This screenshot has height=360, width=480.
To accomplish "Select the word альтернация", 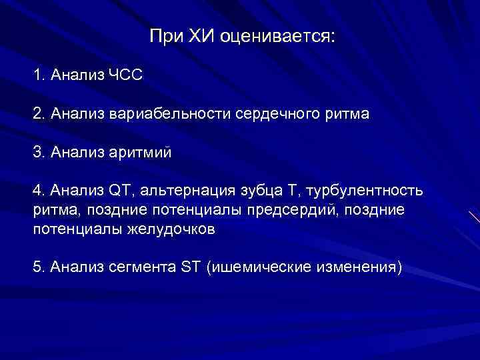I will tap(182, 192).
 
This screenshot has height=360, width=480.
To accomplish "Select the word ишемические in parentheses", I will tap(255, 268).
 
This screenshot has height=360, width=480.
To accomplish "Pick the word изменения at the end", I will tap(355, 268).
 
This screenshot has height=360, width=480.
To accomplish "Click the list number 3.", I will tap(37, 153).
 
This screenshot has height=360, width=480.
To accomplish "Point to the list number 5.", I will tap(37, 268).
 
